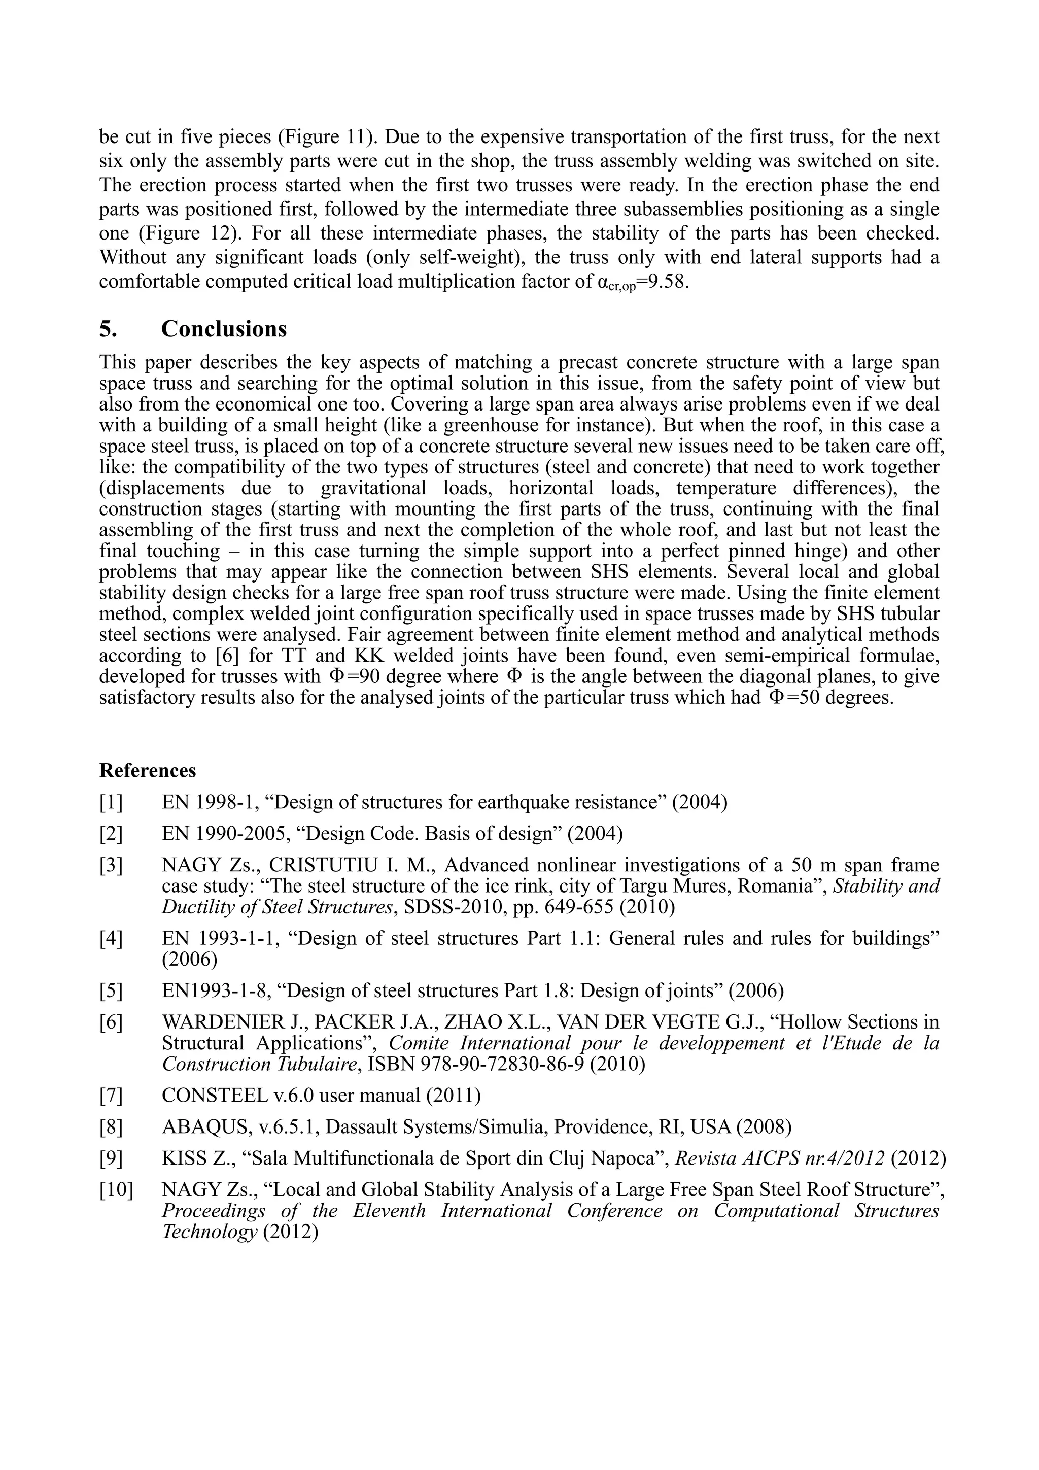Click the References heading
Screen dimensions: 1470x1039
click(x=147, y=770)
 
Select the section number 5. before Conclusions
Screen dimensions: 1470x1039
click(x=108, y=329)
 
